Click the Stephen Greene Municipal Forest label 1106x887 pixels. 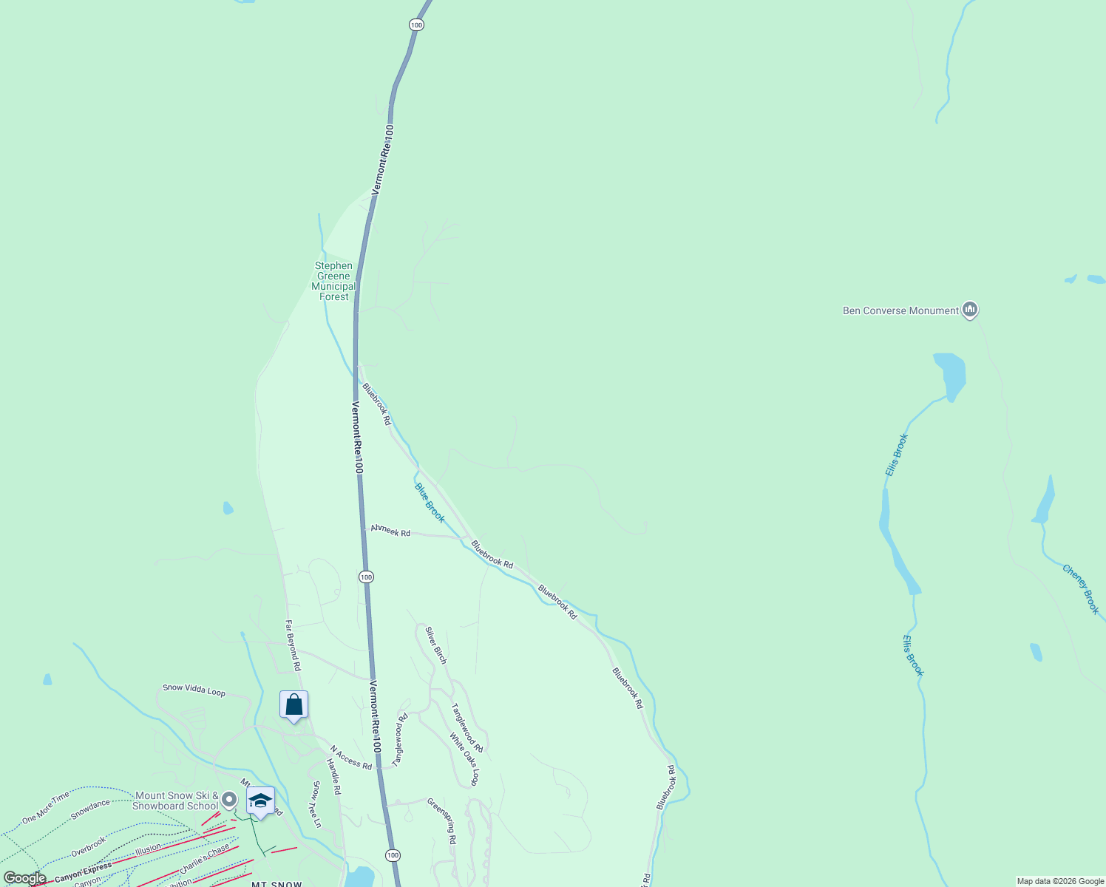coord(333,281)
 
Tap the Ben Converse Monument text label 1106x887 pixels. coord(900,310)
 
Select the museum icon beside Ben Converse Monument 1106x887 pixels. coord(970,310)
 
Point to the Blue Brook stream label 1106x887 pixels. coord(430,503)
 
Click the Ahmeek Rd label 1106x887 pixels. coord(390,530)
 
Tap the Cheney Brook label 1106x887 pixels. coord(1081,589)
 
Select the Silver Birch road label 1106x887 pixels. coord(435,645)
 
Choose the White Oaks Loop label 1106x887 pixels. coord(464,759)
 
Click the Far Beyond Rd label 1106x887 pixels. coord(293,645)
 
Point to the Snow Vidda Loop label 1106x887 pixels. coord(194,690)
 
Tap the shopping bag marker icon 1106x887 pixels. coord(294,705)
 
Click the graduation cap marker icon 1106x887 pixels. coord(260,801)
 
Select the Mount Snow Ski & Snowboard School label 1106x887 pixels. coord(176,801)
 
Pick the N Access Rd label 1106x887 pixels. coord(350,758)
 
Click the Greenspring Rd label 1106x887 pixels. coord(441,820)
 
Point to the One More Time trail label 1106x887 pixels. coord(45,807)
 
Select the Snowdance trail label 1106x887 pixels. coord(90,809)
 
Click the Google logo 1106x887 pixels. coord(24,878)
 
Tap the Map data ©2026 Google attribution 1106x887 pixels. coord(1060,881)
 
